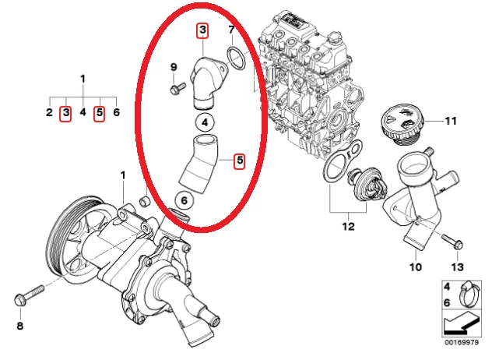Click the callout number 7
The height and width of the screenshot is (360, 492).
click(230, 31)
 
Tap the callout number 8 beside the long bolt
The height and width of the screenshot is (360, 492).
click(20, 325)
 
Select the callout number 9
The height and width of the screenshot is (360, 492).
click(174, 67)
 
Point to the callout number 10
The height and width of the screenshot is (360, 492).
click(415, 266)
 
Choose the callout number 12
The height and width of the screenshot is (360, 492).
click(347, 227)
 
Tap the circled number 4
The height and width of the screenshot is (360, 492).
click(203, 122)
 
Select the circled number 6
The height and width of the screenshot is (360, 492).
click(184, 200)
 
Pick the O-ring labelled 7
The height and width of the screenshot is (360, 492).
click(237, 57)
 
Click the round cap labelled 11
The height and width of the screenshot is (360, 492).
click(400, 125)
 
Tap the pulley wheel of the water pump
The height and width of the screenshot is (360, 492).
click(64, 237)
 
